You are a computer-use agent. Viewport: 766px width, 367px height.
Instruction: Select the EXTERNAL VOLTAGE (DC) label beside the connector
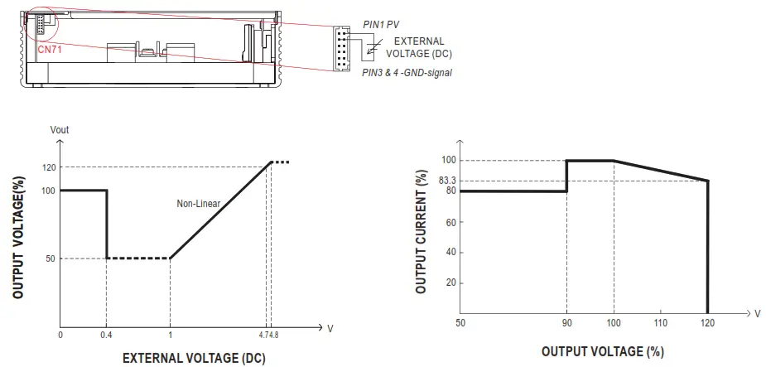(418, 47)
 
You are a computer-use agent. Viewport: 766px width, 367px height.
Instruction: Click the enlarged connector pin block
(343, 48)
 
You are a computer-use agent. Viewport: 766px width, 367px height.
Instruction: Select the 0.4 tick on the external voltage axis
(107, 336)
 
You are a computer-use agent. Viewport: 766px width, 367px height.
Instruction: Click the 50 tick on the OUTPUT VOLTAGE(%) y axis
(51, 258)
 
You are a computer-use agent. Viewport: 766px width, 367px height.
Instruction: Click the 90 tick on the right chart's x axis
(566, 321)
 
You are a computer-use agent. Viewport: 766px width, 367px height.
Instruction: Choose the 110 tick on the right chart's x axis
(660, 321)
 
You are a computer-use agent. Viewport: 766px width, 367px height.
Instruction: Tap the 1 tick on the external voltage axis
(169, 336)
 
